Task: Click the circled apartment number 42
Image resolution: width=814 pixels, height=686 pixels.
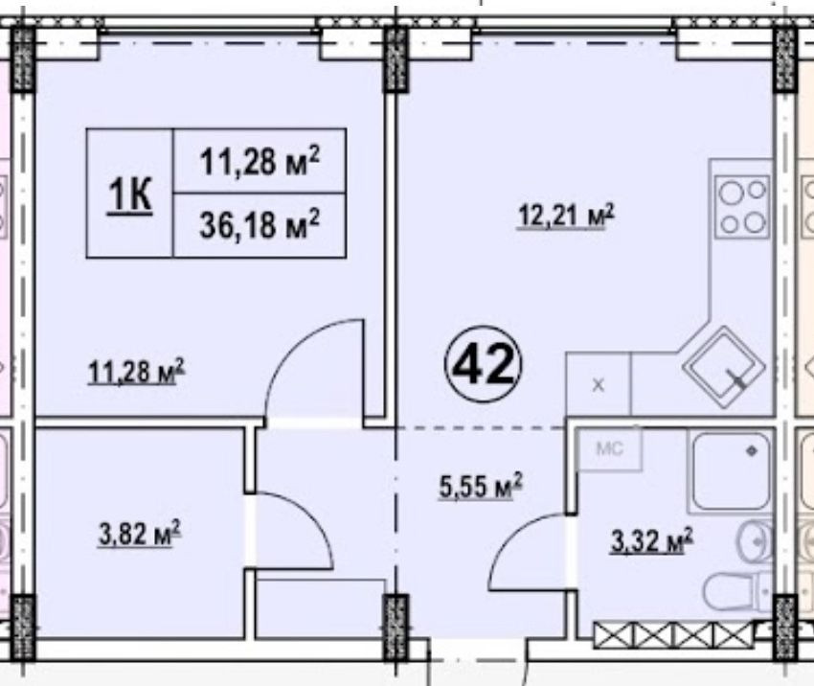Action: coord(483,364)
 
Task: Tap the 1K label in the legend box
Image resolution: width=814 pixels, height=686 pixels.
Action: coord(130,194)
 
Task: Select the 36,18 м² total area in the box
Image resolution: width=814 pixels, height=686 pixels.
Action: coord(260,225)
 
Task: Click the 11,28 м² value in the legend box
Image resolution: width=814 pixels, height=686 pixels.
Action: coord(260,160)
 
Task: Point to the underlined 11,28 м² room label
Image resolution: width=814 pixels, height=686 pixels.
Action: coord(137,372)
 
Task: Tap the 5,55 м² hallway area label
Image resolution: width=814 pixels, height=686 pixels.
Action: coord(481,486)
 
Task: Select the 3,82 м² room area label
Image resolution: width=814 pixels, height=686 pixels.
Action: coord(140,533)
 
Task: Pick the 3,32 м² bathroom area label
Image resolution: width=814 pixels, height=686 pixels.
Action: coord(652,540)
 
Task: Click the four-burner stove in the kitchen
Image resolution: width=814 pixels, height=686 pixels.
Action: coord(742,206)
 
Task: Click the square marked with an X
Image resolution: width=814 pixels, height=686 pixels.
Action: coord(598,384)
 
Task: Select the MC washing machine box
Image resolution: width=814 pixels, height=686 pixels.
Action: coord(610,448)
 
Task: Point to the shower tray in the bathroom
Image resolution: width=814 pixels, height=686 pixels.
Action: coord(732,471)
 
